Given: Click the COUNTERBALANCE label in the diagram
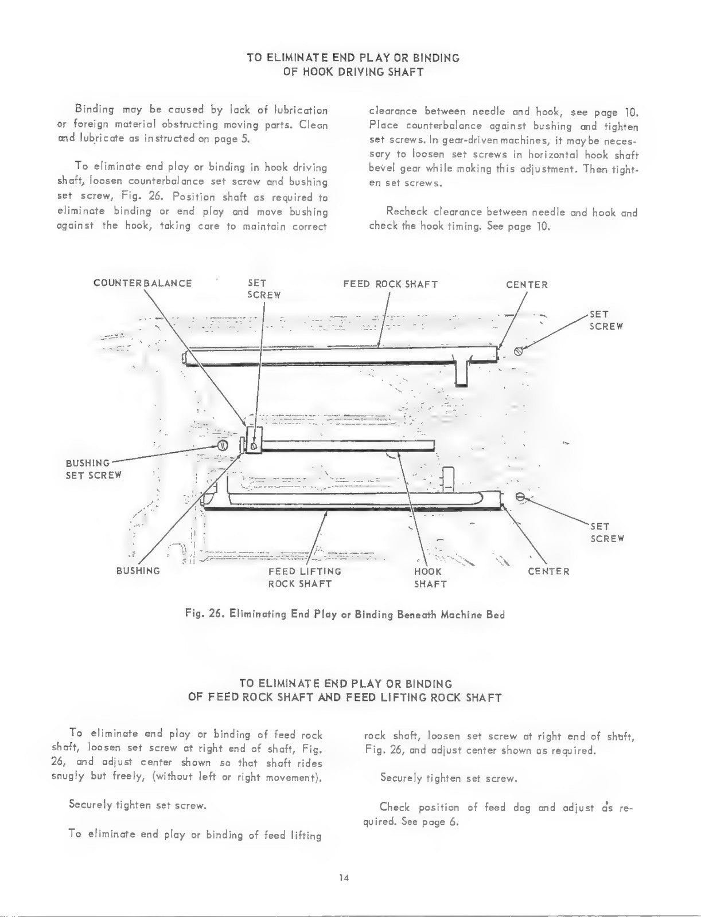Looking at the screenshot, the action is (x=142, y=283).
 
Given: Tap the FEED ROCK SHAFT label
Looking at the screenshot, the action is (x=391, y=284).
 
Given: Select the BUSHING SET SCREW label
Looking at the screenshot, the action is (x=94, y=469).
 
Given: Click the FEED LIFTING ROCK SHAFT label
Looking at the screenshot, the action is (x=305, y=578).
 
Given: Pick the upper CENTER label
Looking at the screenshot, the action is (x=527, y=285).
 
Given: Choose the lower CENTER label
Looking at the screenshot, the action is (x=548, y=571).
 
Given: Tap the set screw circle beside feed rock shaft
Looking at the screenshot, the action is (x=519, y=351).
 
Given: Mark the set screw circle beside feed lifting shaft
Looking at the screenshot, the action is (x=520, y=497).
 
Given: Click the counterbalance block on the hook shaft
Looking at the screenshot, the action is (x=254, y=440).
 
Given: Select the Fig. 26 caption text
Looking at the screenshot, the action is (x=345, y=614).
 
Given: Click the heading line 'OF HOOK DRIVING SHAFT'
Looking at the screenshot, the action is (x=353, y=72).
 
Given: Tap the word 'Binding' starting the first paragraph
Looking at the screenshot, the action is (x=94, y=110).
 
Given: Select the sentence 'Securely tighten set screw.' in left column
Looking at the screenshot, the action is (x=138, y=805).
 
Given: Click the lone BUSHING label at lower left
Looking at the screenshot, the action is (x=138, y=571).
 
